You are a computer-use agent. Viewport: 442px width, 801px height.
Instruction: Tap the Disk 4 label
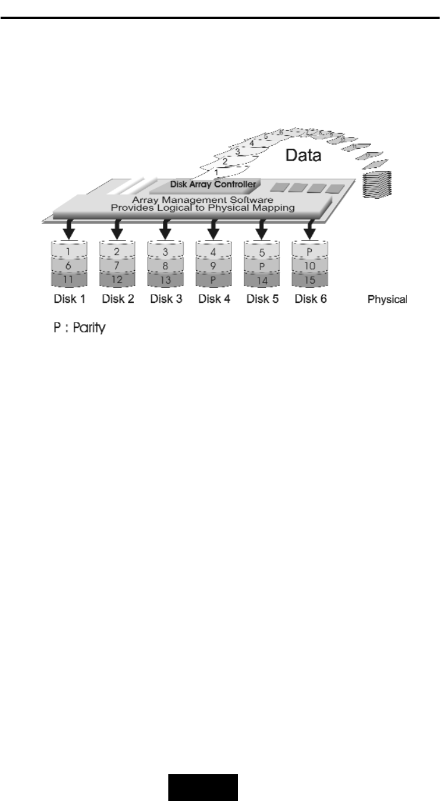[x=214, y=299]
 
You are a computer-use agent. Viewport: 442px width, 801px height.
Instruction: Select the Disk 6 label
[x=311, y=299]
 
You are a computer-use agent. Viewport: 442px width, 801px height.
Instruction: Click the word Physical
[x=387, y=299]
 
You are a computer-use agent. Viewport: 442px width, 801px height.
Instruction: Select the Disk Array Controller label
[x=212, y=184]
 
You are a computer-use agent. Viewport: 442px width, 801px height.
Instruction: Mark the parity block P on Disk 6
[x=310, y=252]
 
